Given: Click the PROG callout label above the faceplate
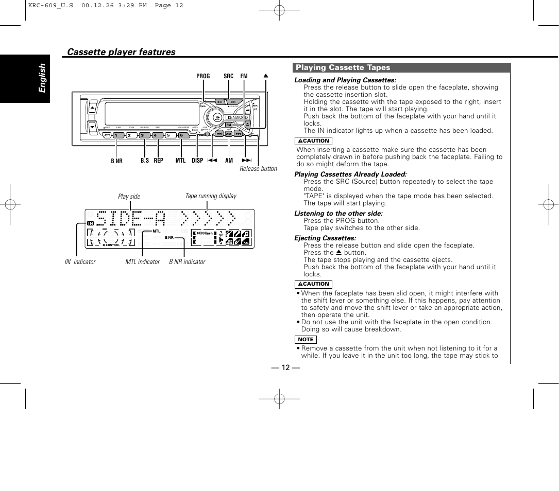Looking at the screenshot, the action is (x=203, y=76).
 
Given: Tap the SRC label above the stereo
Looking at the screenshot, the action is (x=228, y=76).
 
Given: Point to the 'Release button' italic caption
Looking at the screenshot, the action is (x=258, y=169).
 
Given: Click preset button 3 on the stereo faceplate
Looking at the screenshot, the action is (x=143, y=135).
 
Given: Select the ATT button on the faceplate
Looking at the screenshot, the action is (x=106, y=135).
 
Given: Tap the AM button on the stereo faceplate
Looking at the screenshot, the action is (x=228, y=134).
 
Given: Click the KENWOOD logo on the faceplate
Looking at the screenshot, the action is (x=238, y=117).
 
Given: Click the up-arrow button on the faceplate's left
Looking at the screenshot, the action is (x=92, y=109).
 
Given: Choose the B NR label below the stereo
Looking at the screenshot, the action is (x=117, y=161).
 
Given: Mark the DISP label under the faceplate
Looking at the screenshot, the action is (x=197, y=161).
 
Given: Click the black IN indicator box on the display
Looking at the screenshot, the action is (x=90, y=223).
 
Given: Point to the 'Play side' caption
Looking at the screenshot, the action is (x=129, y=197).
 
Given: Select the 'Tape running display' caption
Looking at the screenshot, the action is (x=211, y=196).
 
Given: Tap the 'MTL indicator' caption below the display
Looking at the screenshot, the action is (x=143, y=262).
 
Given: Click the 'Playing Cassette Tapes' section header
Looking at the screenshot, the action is (x=343, y=67).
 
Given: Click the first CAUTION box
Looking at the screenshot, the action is (x=313, y=141).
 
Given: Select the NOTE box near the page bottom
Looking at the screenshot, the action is (x=306, y=340).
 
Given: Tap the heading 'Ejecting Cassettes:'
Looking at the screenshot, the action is (x=325, y=238).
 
